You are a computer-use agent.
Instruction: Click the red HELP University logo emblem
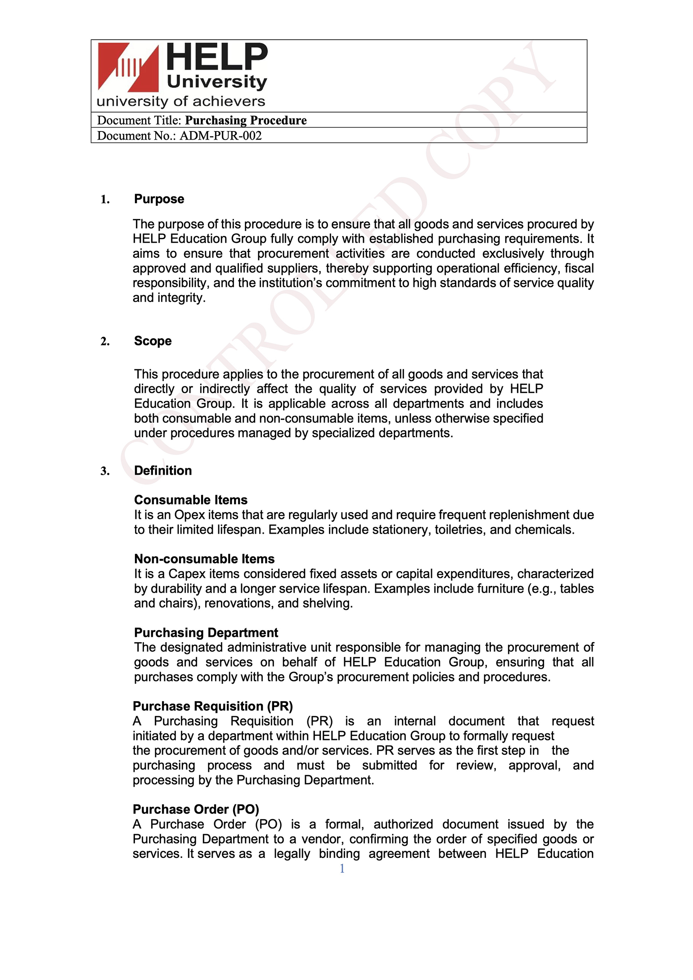tap(128, 67)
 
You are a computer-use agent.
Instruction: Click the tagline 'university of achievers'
tap(181, 101)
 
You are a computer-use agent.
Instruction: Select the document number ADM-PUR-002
tap(220, 136)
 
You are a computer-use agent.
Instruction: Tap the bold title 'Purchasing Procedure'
tap(246, 120)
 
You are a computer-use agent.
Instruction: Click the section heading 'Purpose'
tap(159, 199)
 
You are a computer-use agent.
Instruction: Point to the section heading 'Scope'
tap(153, 341)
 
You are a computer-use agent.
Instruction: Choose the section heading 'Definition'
tap(163, 471)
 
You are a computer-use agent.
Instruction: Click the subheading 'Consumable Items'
tap(191, 500)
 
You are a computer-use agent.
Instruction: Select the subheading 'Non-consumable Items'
tap(204, 559)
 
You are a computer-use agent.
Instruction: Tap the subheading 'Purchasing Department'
tap(206, 633)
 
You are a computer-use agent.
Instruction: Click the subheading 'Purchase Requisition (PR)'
tap(213, 706)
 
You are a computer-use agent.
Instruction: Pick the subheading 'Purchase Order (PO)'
tap(196, 809)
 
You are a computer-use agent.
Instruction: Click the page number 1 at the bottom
tap(342, 868)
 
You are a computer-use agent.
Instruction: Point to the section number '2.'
tap(105, 341)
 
